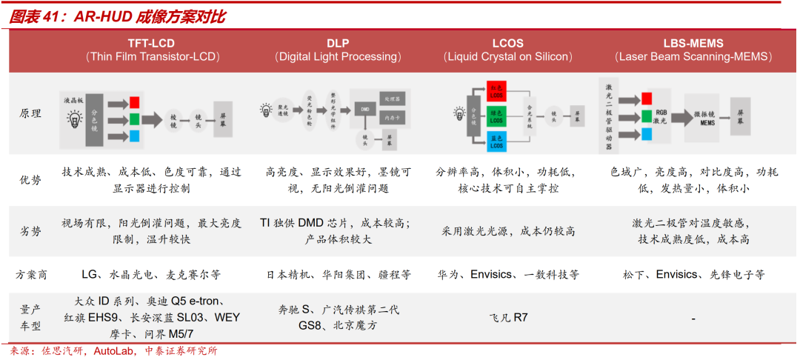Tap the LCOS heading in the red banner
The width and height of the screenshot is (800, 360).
tap(508, 43)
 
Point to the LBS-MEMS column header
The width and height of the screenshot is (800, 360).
tap(693, 43)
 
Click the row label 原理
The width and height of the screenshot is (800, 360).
tap(31, 114)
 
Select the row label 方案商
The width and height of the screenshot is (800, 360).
tap(31, 275)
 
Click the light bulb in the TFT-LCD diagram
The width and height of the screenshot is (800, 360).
tap(75, 117)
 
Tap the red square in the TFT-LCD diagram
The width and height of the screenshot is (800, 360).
tap(134, 101)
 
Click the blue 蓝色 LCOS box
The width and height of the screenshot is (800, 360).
tap(496, 141)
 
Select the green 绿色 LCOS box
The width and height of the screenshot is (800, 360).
tap(496, 116)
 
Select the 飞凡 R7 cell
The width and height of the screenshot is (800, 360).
tap(507, 319)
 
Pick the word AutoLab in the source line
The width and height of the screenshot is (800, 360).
tap(113, 351)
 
